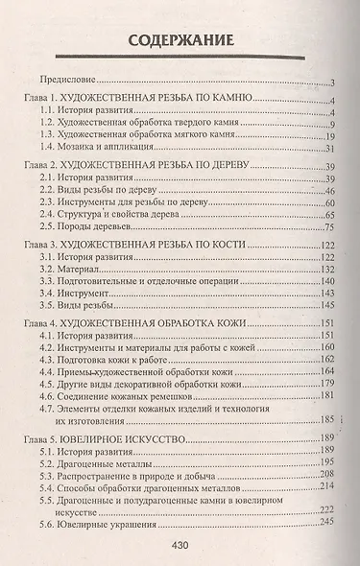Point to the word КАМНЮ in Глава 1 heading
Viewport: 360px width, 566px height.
(x=228, y=100)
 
